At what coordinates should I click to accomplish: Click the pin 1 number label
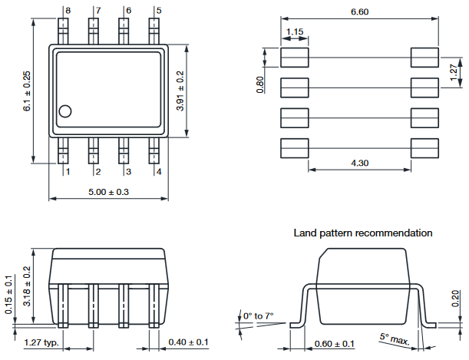pyautogui.click(x=68, y=172)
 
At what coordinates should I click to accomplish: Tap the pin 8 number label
pyautogui.click(x=68, y=11)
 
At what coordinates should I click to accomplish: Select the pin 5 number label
pyautogui.click(x=159, y=11)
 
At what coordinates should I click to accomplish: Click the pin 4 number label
pyautogui.click(x=159, y=172)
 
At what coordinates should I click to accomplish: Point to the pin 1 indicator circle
pyautogui.click(x=66, y=111)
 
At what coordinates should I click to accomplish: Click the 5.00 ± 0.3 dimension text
pyautogui.click(x=109, y=191)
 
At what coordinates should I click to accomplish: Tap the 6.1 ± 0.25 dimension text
pyautogui.click(x=27, y=91)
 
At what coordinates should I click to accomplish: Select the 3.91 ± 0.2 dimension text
pyautogui.click(x=180, y=91)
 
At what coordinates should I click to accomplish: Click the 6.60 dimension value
pyautogui.click(x=360, y=12)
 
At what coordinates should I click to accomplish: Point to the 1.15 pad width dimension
pyautogui.click(x=294, y=32)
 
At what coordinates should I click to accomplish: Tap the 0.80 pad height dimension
pyautogui.click(x=260, y=84)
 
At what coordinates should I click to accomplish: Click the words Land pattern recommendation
pyautogui.click(x=363, y=233)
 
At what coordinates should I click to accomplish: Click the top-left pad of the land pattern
pyautogui.click(x=294, y=57)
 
